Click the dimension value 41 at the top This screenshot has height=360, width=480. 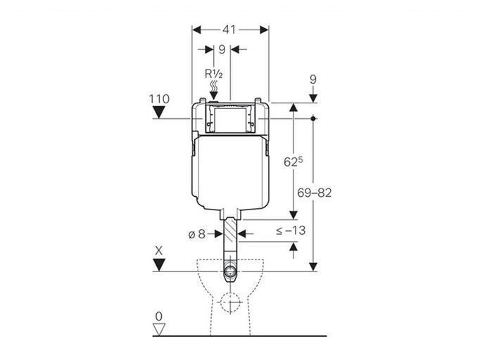tap(229, 30)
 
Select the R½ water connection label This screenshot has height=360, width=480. tap(214, 74)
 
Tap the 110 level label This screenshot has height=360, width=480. tap(159, 99)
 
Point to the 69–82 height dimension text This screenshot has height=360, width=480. tap(315, 193)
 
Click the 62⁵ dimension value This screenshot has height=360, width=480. tap(293, 162)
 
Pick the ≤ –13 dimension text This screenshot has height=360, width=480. tap(291, 231)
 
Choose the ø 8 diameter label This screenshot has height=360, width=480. tap(196, 234)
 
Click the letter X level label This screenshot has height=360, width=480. tap(158, 251)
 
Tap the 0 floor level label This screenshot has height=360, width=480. tap(158, 316)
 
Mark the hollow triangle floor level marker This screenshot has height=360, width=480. tap(159, 329)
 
